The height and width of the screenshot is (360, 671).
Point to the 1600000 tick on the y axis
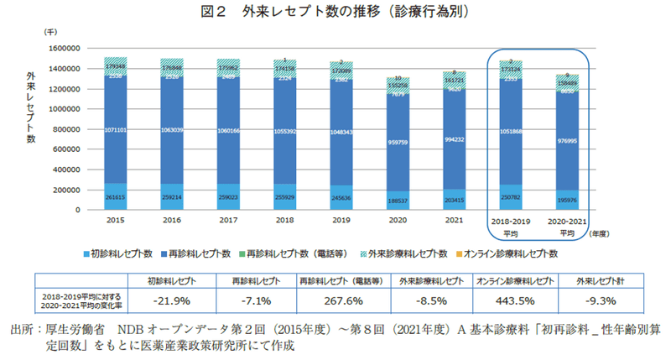tap(72, 49)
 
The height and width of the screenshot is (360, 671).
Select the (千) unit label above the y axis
tap(51, 30)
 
